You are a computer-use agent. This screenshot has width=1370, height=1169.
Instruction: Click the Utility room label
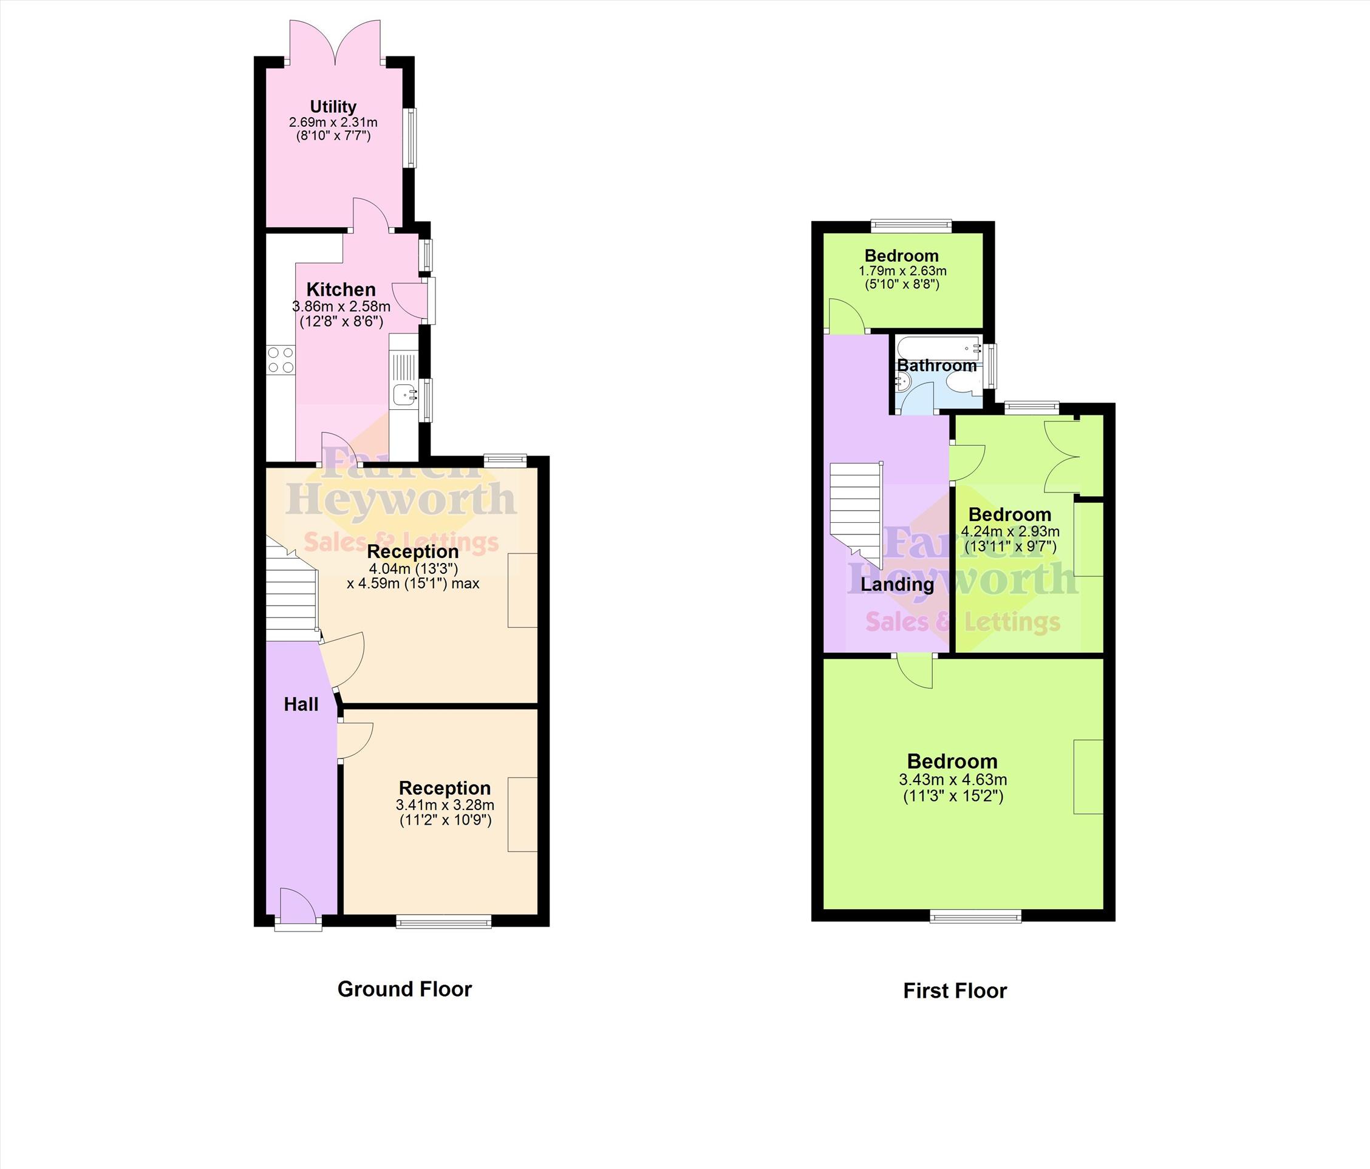click(x=333, y=106)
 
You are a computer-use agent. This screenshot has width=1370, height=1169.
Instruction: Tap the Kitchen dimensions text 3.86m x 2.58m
click(x=341, y=307)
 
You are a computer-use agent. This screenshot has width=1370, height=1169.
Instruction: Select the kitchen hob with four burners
click(x=281, y=360)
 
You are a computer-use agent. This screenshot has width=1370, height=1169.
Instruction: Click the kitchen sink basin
click(x=404, y=394)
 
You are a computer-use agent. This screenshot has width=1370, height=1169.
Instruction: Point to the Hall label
click(x=301, y=705)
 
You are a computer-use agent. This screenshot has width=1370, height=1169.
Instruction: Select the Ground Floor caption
click(x=404, y=989)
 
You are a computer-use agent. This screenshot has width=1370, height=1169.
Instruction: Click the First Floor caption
click(x=955, y=991)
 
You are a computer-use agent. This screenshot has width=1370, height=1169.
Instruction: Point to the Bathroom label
click(x=936, y=366)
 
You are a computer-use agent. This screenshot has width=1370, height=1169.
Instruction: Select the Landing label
click(x=898, y=584)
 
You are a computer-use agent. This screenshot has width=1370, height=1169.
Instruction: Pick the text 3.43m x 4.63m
click(x=953, y=780)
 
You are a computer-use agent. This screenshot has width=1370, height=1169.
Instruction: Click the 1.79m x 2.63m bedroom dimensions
click(x=902, y=271)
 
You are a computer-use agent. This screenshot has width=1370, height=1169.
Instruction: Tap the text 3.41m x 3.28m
click(x=445, y=805)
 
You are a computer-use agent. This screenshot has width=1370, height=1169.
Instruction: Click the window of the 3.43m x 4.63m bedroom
click(x=975, y=916)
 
